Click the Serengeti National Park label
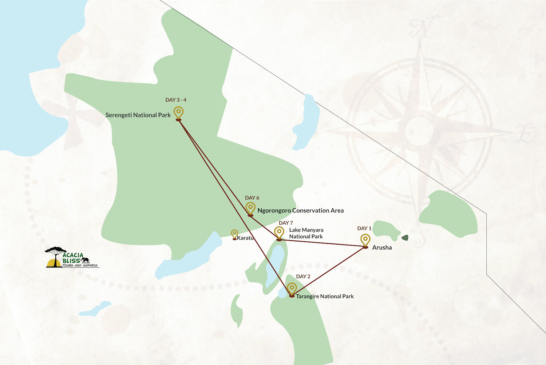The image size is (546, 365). tap(138, 115)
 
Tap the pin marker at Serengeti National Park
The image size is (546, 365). tap(178, 112)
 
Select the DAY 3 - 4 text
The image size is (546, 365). tap(176, 100)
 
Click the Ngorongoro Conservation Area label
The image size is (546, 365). tap(300, 210)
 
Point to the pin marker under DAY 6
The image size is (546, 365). tap(250, 208)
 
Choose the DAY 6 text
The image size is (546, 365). tap(252, 198)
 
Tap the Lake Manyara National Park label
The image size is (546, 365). tap(306, 233)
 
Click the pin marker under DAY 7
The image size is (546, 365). tap(279, 232)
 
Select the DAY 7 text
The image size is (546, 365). tap(286, 223)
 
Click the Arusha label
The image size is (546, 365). tap(382, 247)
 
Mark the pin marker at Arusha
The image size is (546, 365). tap(365, 240)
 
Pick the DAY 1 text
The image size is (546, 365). tap(364, 228)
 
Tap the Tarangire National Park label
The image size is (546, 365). tap(325, 296)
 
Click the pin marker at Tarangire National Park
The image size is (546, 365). tap(292, 289)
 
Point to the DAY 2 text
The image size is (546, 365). tap(303, 277)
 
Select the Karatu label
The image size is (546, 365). tap(245, 238)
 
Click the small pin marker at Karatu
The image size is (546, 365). tap(235, 234)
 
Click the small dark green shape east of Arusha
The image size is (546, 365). tap(405, 238)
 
